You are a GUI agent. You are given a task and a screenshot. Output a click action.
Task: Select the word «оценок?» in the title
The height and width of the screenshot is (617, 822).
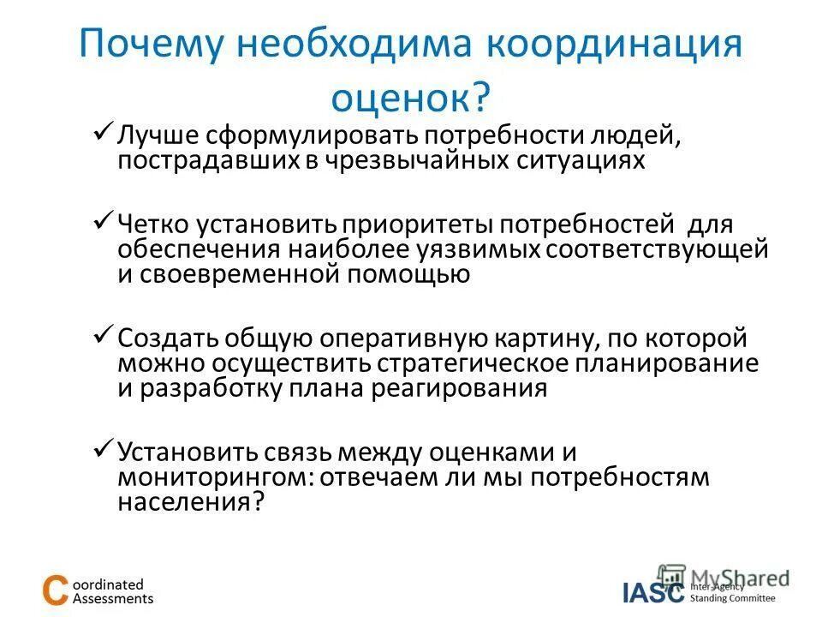tap(410, 96)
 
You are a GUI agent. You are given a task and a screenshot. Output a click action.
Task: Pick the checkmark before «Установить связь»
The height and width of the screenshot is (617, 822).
tap(102, 447)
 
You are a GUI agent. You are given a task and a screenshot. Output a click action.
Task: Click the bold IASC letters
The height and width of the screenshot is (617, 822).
tap(653, 591)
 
